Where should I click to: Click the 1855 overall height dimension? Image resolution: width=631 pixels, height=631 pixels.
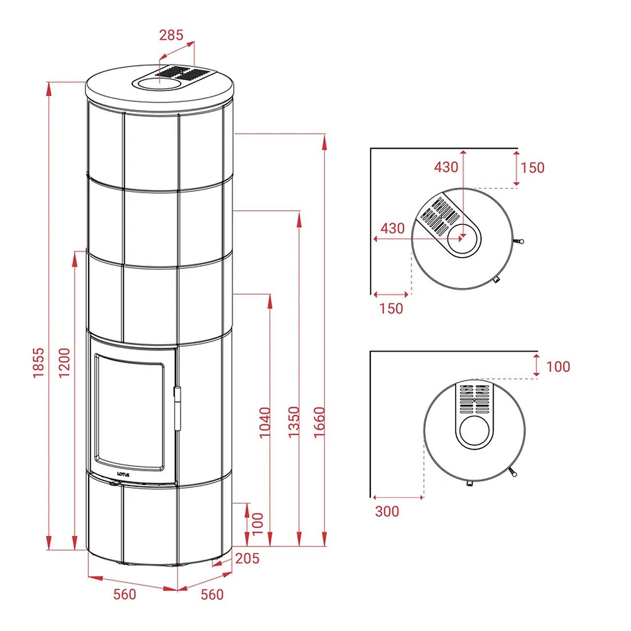(38, 362)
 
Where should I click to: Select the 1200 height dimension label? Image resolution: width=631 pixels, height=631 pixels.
(65, 362)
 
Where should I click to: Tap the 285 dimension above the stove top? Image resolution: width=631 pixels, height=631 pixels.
(171, 35)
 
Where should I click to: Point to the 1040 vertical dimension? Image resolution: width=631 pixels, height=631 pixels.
(265, 422)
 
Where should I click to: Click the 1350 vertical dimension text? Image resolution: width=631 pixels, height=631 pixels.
(294, 422)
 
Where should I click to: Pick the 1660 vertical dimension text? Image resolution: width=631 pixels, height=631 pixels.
(319, 422)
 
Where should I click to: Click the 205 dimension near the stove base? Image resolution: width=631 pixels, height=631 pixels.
(247, 559)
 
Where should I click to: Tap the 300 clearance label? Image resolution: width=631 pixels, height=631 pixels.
(387, 512)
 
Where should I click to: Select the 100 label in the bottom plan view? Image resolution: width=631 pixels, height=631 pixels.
(559, 367)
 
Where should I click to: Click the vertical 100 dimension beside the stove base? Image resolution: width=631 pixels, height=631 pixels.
(258, 523)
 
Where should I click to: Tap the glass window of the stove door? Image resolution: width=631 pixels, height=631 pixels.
(130, 412)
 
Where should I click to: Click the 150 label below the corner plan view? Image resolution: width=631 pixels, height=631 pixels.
(391, 309)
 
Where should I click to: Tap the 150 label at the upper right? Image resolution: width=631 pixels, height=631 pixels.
(532, 168)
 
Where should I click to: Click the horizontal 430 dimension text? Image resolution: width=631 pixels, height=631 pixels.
(392, 228)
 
